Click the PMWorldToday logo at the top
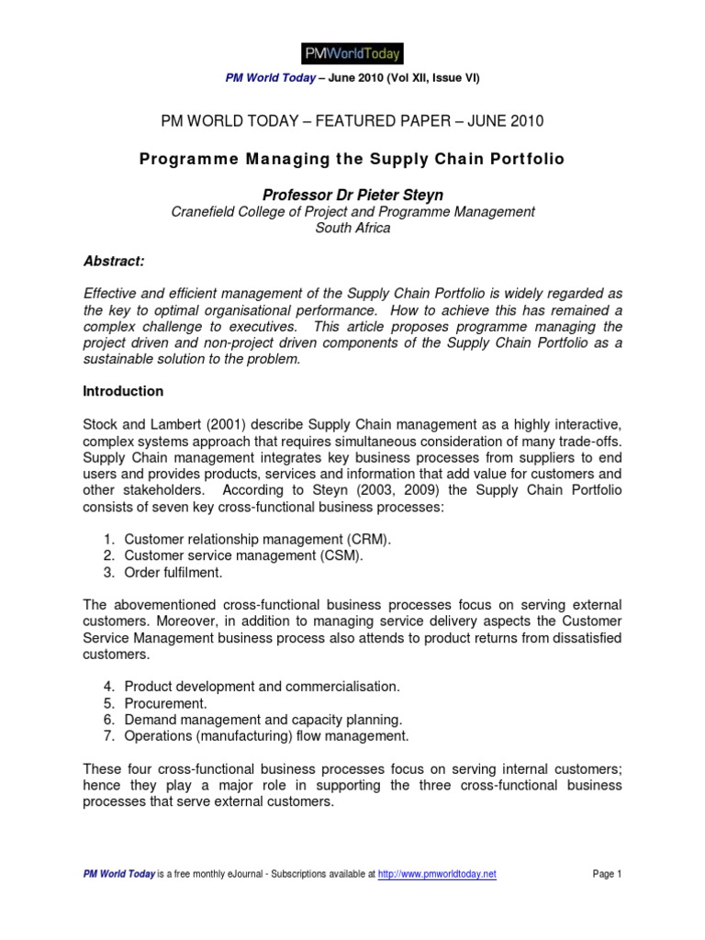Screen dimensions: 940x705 tap(352, 52)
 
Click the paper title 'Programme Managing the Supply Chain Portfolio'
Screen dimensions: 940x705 tap(352, 159)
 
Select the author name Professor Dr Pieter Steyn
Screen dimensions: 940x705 tap(352, 196)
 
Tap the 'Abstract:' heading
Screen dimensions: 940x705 tap(114, 262)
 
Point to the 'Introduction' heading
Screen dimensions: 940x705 tap(123, 391)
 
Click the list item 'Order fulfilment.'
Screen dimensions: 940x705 tap(173, 572)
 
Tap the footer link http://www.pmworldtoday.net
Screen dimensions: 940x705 tap(437, 875)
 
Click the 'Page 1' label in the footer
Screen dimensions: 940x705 tap(607, 875)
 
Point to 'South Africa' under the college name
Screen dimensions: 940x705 tap(352, 228)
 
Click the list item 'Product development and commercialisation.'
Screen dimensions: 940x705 tap(262, 687)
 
